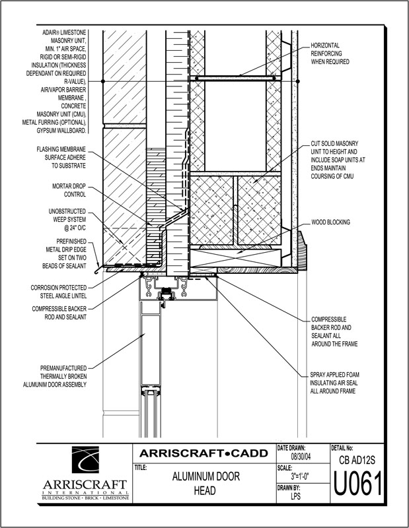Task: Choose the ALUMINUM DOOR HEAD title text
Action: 201,484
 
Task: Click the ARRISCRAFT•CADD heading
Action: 201,453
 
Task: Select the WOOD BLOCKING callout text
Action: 330,222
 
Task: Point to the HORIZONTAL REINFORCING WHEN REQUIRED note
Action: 330,54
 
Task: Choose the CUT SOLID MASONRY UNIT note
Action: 338,158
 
